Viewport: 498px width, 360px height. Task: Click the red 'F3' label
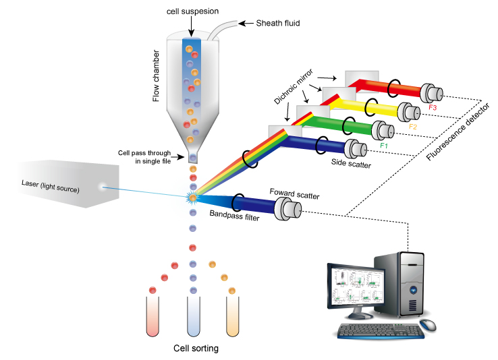[x=433, y=107]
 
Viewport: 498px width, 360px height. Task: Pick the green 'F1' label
[x=385, y=144]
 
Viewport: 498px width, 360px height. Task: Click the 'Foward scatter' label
[x=294, y=196]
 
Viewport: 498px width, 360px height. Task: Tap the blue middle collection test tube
[x=193, y=315]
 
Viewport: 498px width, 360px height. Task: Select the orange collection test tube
[x=233, y=315]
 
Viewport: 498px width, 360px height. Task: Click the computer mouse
[x=427, y=326]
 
